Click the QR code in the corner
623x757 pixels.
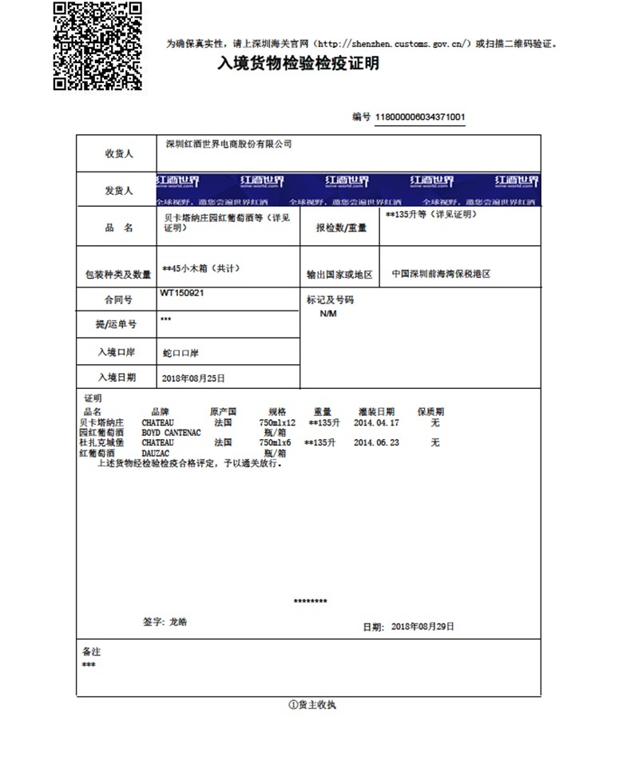pos(97,46)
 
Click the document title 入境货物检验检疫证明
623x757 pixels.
pos(299,64)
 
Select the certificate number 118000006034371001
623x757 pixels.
pos(420,117)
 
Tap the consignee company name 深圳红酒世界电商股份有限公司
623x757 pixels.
pos(228,145)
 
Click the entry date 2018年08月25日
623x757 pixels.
pos(193,378)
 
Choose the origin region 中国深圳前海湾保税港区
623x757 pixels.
pos(441,273)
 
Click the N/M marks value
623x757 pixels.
pos(328,314)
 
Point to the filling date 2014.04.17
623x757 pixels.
pos(376,422)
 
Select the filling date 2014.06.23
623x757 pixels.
pos(376,442)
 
